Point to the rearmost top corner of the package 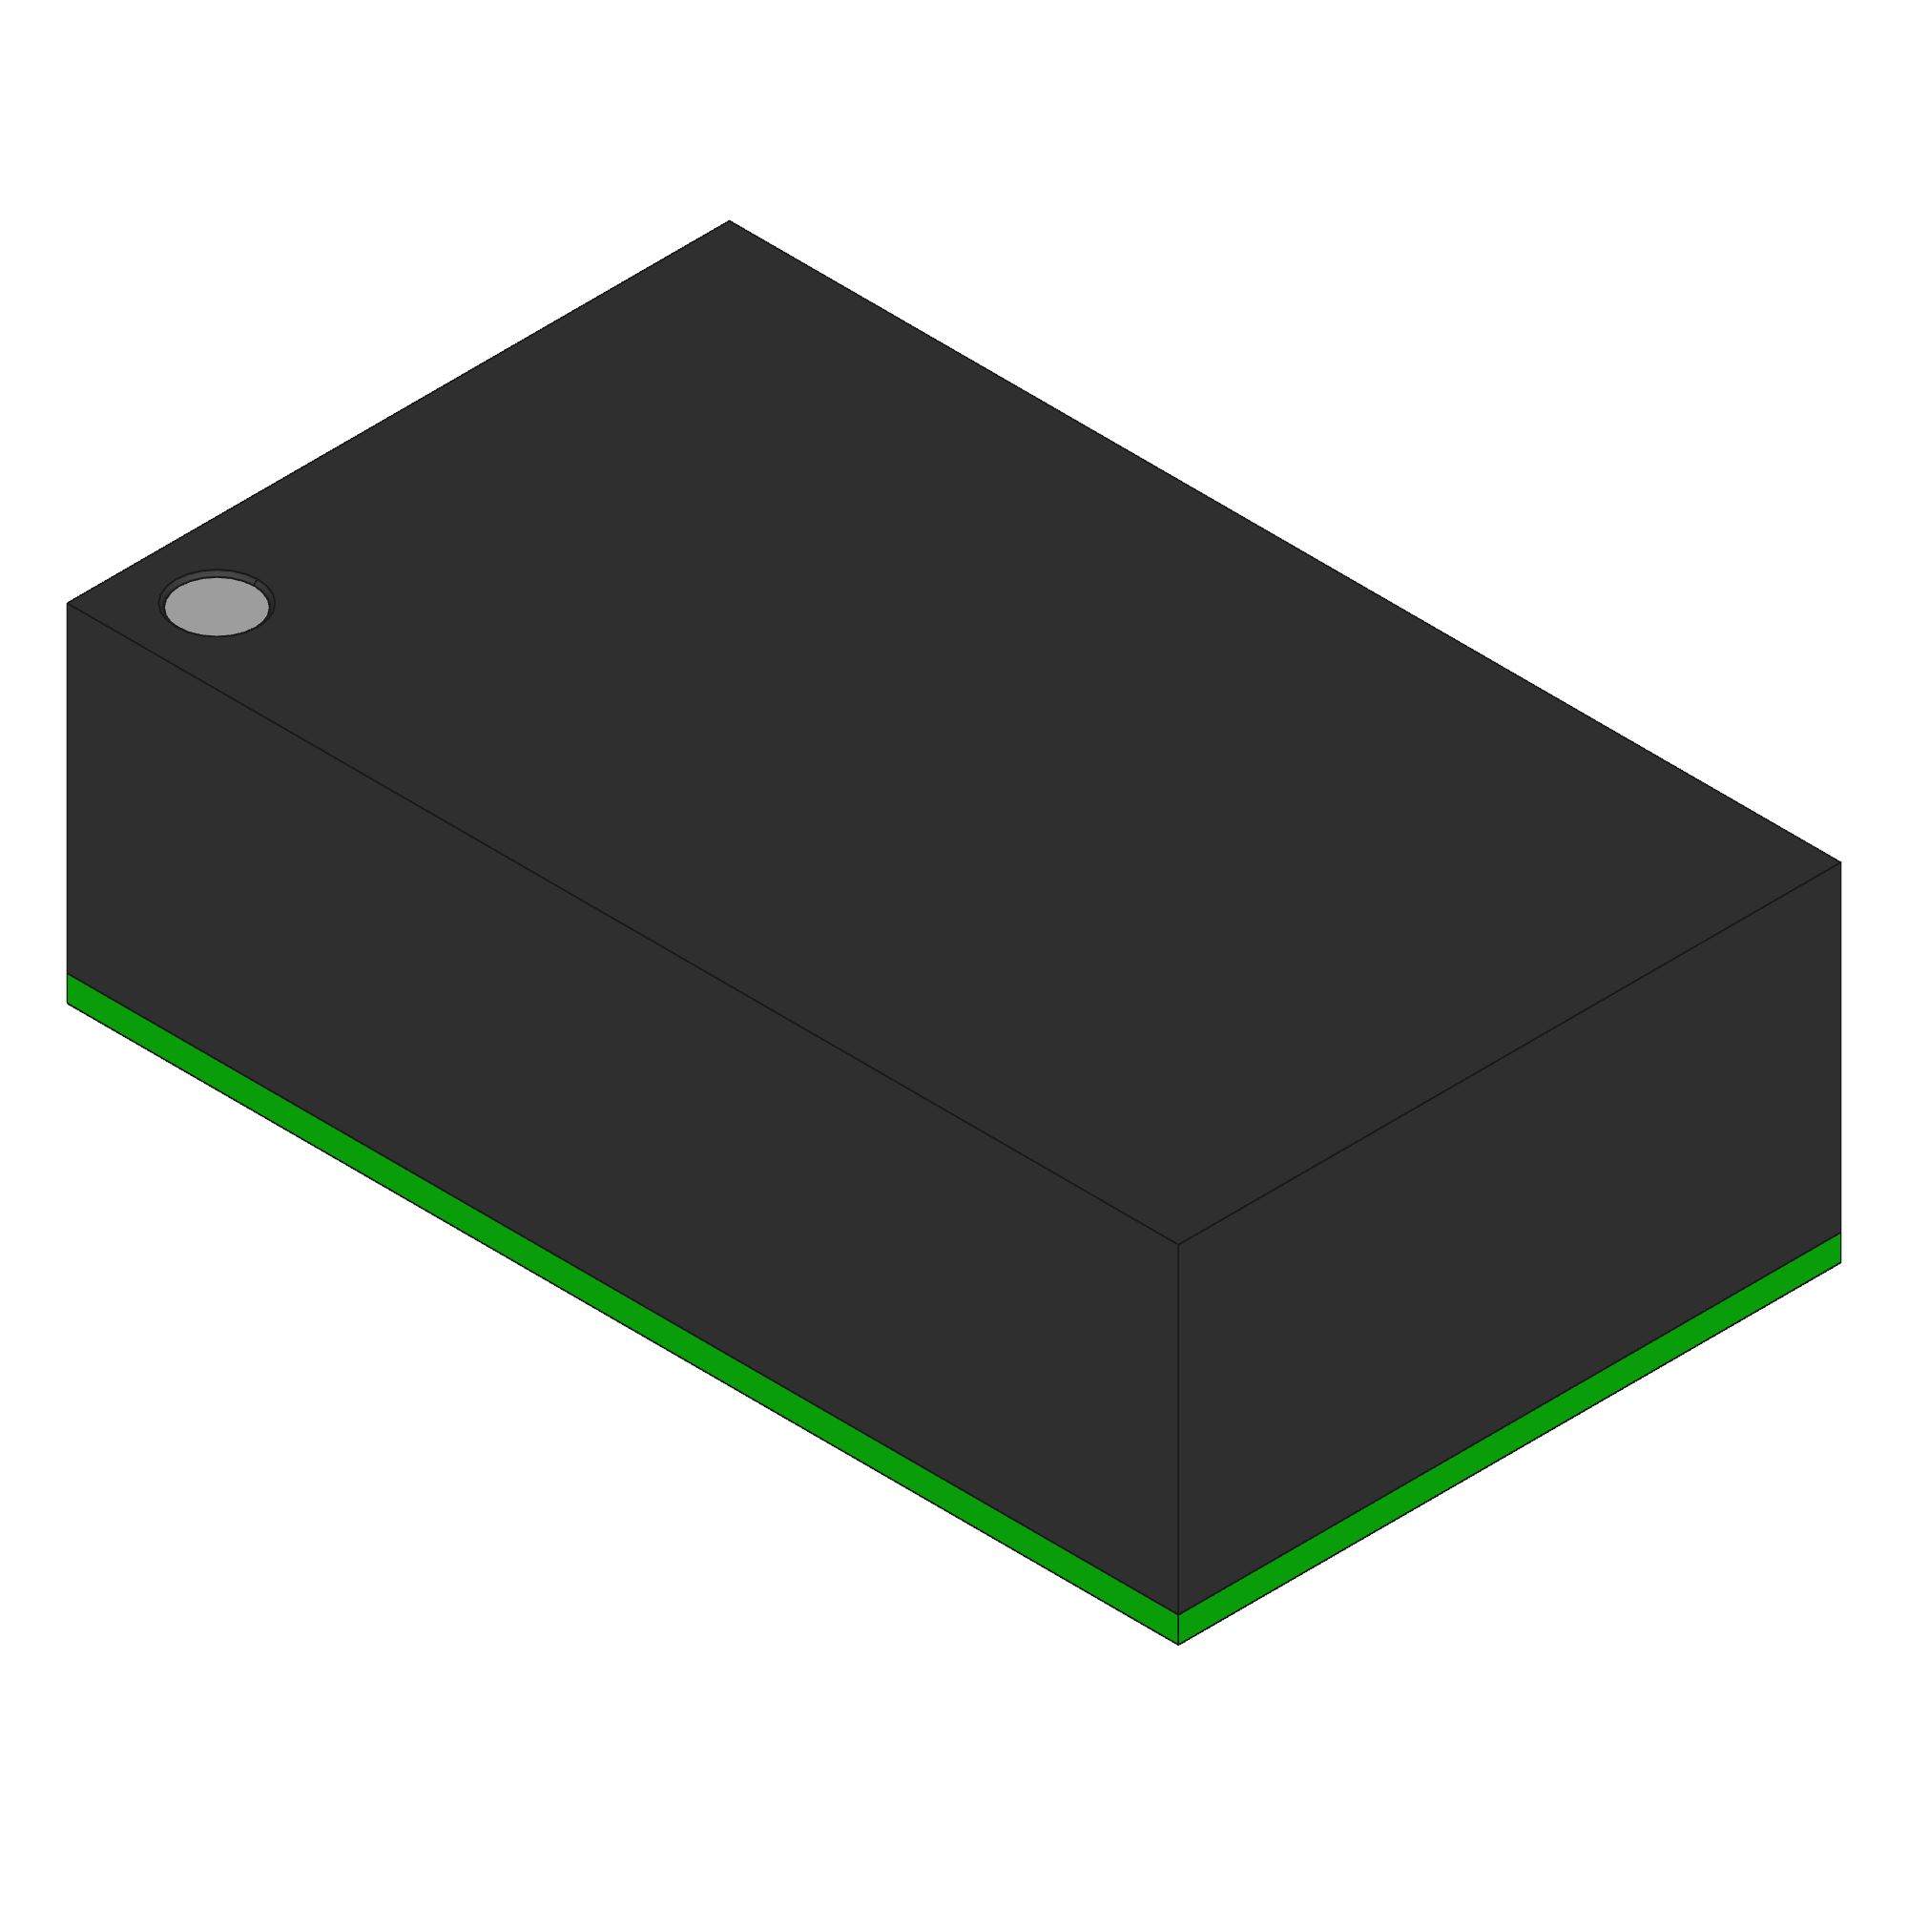[729, 221]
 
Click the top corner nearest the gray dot [67, 602]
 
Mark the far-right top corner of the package [1840, 862]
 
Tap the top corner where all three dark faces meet [1178, 1244]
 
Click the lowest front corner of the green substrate [1178, 1645]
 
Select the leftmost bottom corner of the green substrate [67, 1004]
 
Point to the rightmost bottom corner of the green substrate [1840, 1262]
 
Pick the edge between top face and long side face [622, 923]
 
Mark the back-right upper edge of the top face [1284, 541]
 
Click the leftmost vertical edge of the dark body [67, 790]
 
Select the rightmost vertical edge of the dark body [1840, 1047]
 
